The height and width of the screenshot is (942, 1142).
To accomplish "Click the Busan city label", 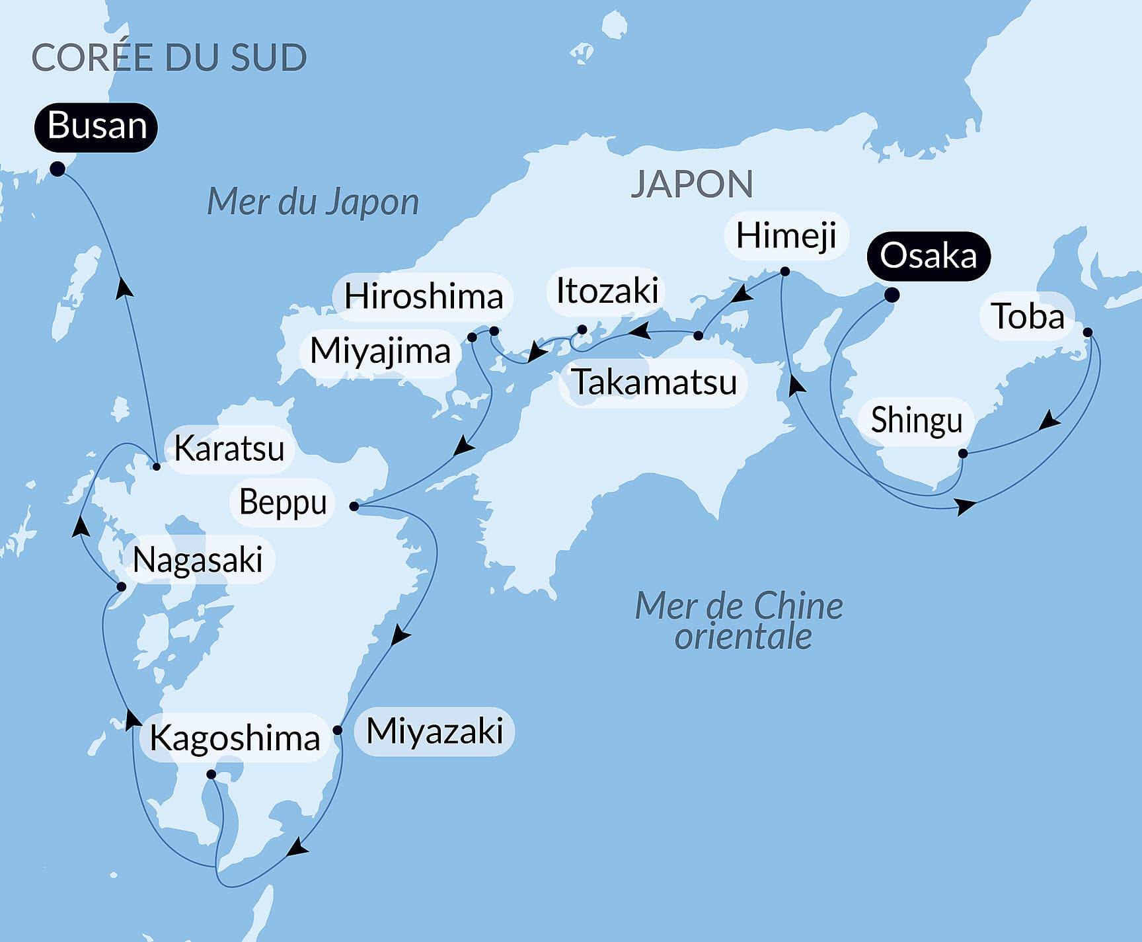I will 96,126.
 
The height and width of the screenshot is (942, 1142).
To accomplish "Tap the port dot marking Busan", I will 57,169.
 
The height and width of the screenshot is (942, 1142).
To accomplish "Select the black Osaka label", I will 928,256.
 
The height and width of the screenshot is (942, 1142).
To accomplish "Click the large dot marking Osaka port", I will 891,295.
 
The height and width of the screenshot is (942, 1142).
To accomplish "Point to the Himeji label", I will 786,236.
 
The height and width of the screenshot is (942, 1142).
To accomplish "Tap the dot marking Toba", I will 1087,333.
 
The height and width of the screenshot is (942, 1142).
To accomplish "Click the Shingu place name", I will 916,420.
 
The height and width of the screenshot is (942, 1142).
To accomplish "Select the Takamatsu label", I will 654,382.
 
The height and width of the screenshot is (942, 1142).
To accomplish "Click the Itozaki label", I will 607,292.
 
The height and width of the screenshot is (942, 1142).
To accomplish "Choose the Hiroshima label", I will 424,296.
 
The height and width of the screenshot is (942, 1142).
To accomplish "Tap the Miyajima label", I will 380,351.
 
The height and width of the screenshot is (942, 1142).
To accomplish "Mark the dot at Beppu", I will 354,506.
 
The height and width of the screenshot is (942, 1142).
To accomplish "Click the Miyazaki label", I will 434,732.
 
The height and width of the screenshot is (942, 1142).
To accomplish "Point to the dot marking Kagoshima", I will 211,774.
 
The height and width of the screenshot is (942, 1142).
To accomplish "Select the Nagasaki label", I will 198,561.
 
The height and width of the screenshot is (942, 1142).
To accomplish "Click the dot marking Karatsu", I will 157,467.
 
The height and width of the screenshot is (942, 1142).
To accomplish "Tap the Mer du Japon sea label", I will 313,202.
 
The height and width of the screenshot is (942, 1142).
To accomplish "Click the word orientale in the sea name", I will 743,637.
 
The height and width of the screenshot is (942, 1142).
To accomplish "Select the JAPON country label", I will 691,184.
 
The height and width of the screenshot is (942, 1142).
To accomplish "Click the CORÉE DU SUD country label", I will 169,58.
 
